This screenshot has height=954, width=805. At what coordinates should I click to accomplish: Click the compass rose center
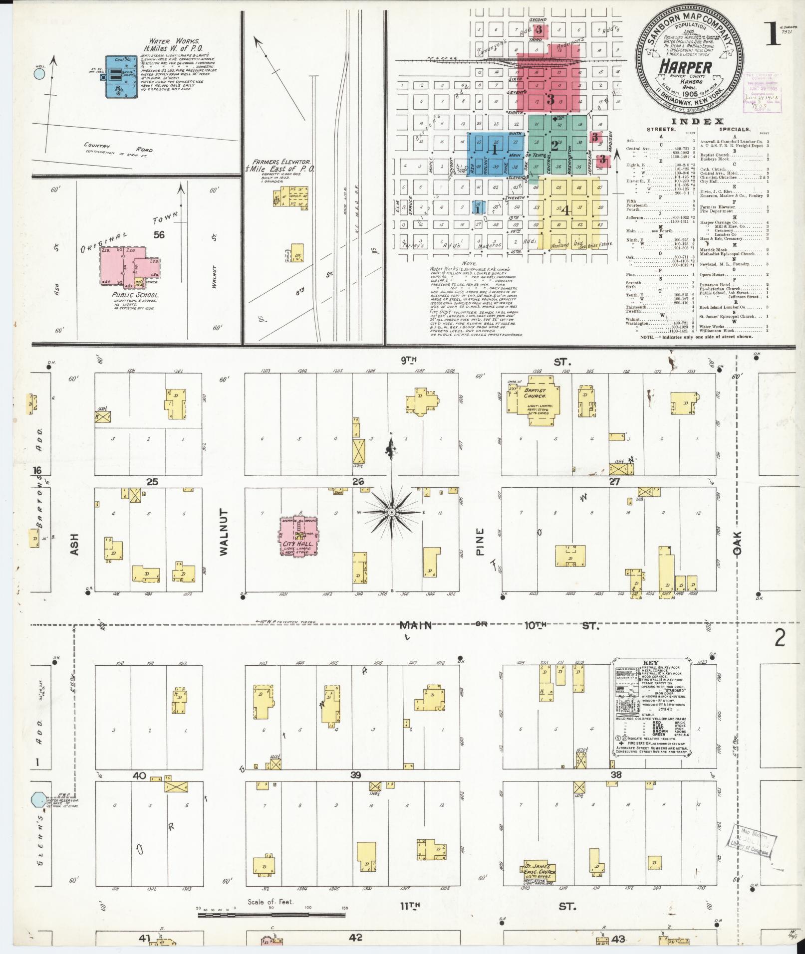tap(392, 512)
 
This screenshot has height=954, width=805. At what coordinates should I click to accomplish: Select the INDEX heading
tap(698, 121)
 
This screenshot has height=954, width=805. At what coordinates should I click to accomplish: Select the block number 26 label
tap(358, 481)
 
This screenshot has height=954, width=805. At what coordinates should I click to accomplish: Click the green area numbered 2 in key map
tap(555, 146)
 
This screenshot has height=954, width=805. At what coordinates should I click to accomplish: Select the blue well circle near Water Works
tap(39, 74)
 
